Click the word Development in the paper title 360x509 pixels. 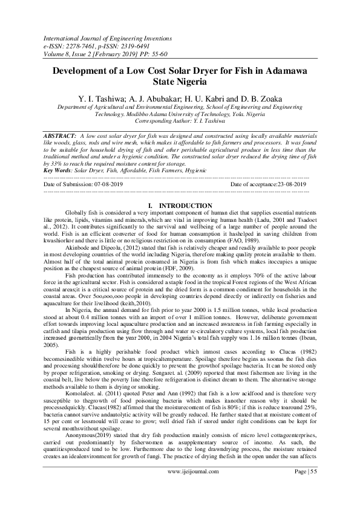tap(84, 71)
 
